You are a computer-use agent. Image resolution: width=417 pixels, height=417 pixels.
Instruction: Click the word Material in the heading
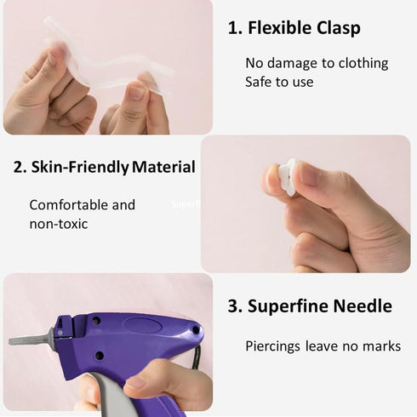coord(164,167)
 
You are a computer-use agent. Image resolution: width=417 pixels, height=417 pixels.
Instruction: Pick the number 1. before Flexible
coord(235,28)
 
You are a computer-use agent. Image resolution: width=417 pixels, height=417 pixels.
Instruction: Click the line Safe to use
coord(279,83)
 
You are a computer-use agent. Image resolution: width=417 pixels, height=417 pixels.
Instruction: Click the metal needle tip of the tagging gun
coord(26,340)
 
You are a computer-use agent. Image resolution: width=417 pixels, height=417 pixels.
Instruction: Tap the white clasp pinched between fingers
coord(288,176)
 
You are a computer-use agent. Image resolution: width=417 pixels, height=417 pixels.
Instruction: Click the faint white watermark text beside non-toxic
coord(185,204)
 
